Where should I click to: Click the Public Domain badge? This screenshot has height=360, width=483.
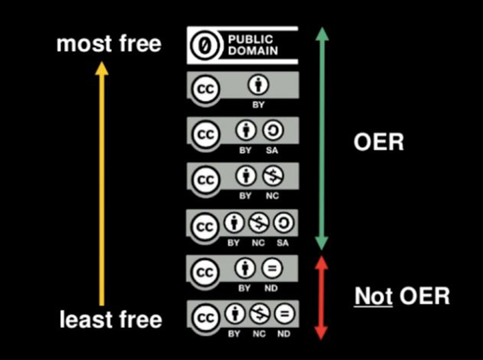click(242, 45)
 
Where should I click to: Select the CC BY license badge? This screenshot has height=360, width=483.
click(242, 89)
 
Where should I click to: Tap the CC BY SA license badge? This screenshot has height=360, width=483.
click(242, 135)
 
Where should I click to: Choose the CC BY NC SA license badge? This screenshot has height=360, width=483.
click(242, 227)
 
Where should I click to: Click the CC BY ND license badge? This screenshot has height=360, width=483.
click(242, 273)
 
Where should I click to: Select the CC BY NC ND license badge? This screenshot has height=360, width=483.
click(242, 317)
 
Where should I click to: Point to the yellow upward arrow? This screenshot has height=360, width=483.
click(101, 183)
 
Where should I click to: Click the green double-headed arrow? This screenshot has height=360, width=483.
click(321, 138)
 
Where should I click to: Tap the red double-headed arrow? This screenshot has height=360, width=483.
click(321, 297)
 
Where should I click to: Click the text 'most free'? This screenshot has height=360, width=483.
click(108, 44)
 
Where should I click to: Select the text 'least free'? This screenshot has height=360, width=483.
click(111, 320)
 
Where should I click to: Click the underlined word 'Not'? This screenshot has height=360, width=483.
click(373, 296)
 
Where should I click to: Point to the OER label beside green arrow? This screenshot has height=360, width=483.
click(378, 143)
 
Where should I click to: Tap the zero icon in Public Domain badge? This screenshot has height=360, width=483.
click(204, 45)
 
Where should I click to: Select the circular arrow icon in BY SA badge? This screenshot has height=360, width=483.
click(272, 131)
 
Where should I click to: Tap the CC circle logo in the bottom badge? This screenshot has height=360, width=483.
click(204, 315)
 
